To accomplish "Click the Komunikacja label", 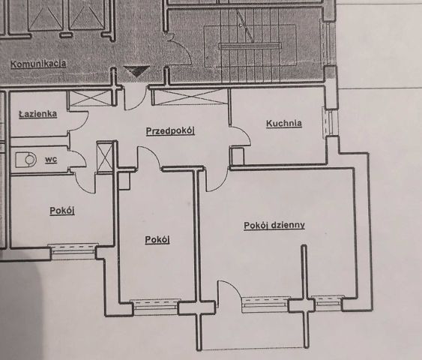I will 38,64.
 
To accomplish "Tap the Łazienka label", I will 38,114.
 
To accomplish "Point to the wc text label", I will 51,159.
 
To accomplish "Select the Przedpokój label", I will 170,131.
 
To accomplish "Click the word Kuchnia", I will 284,123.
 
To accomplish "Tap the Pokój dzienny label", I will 274,225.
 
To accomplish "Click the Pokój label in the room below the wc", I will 61,211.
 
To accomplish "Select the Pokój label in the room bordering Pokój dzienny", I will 157,239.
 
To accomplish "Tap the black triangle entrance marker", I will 136,72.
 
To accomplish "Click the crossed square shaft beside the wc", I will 105,157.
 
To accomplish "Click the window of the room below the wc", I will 73,247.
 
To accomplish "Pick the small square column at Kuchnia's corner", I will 237,156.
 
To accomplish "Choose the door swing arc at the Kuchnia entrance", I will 239,137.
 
